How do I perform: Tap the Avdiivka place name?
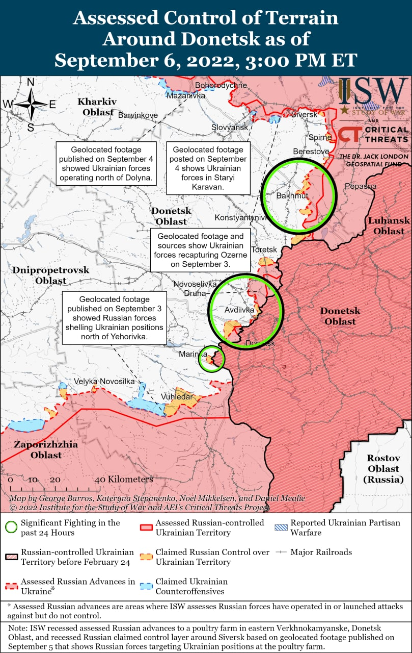(239, 310)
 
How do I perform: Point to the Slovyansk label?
(230, 127)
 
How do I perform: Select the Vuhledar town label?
(177, 397)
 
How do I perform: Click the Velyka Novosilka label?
(104, 381)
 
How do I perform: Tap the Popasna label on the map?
(360, 186)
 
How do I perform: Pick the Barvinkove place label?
(138, 115)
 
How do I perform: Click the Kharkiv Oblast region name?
(97, 107)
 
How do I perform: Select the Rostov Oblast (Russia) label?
(383, 468)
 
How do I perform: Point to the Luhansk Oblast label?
(389, 225)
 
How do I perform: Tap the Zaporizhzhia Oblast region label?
(46, 449)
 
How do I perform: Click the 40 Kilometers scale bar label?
(124, 480)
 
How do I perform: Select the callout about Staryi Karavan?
(208, 168)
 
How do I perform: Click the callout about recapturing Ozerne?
(201, 250)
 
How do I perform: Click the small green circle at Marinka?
(211, 359)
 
